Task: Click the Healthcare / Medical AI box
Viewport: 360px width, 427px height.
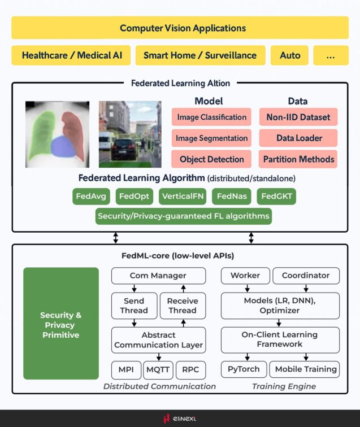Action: [71, 55]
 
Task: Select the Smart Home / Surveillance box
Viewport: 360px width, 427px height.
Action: [200, 55]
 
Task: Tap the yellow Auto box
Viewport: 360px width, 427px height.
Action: [290, 55]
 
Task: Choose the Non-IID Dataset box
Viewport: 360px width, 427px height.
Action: [298, 117]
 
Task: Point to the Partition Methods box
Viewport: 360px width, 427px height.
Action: [298, 159]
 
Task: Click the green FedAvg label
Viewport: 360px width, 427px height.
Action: [91, 197]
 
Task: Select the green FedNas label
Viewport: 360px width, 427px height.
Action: [232, 197]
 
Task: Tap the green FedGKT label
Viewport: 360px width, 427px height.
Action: [276, 197]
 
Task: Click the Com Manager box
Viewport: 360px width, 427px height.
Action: [158, 276]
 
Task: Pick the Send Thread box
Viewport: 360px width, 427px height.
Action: [134, 306]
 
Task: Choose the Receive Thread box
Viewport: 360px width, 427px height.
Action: [183, 306]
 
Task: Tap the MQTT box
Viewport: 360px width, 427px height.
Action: [158, 369]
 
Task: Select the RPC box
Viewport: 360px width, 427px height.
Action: [190, 369]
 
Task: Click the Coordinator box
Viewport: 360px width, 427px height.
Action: [306, 276]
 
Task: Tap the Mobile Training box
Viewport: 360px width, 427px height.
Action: [306, 369]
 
